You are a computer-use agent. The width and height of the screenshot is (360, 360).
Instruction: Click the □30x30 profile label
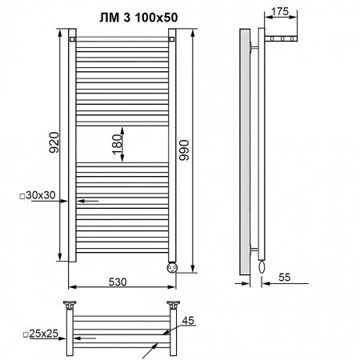pyautogui.click(x=38, y=195)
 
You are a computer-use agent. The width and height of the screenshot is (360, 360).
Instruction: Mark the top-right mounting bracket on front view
pyautogui.click(x=171, y=38)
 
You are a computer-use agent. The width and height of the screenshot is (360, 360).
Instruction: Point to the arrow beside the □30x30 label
pyautogui.click(x=88, y=202)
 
